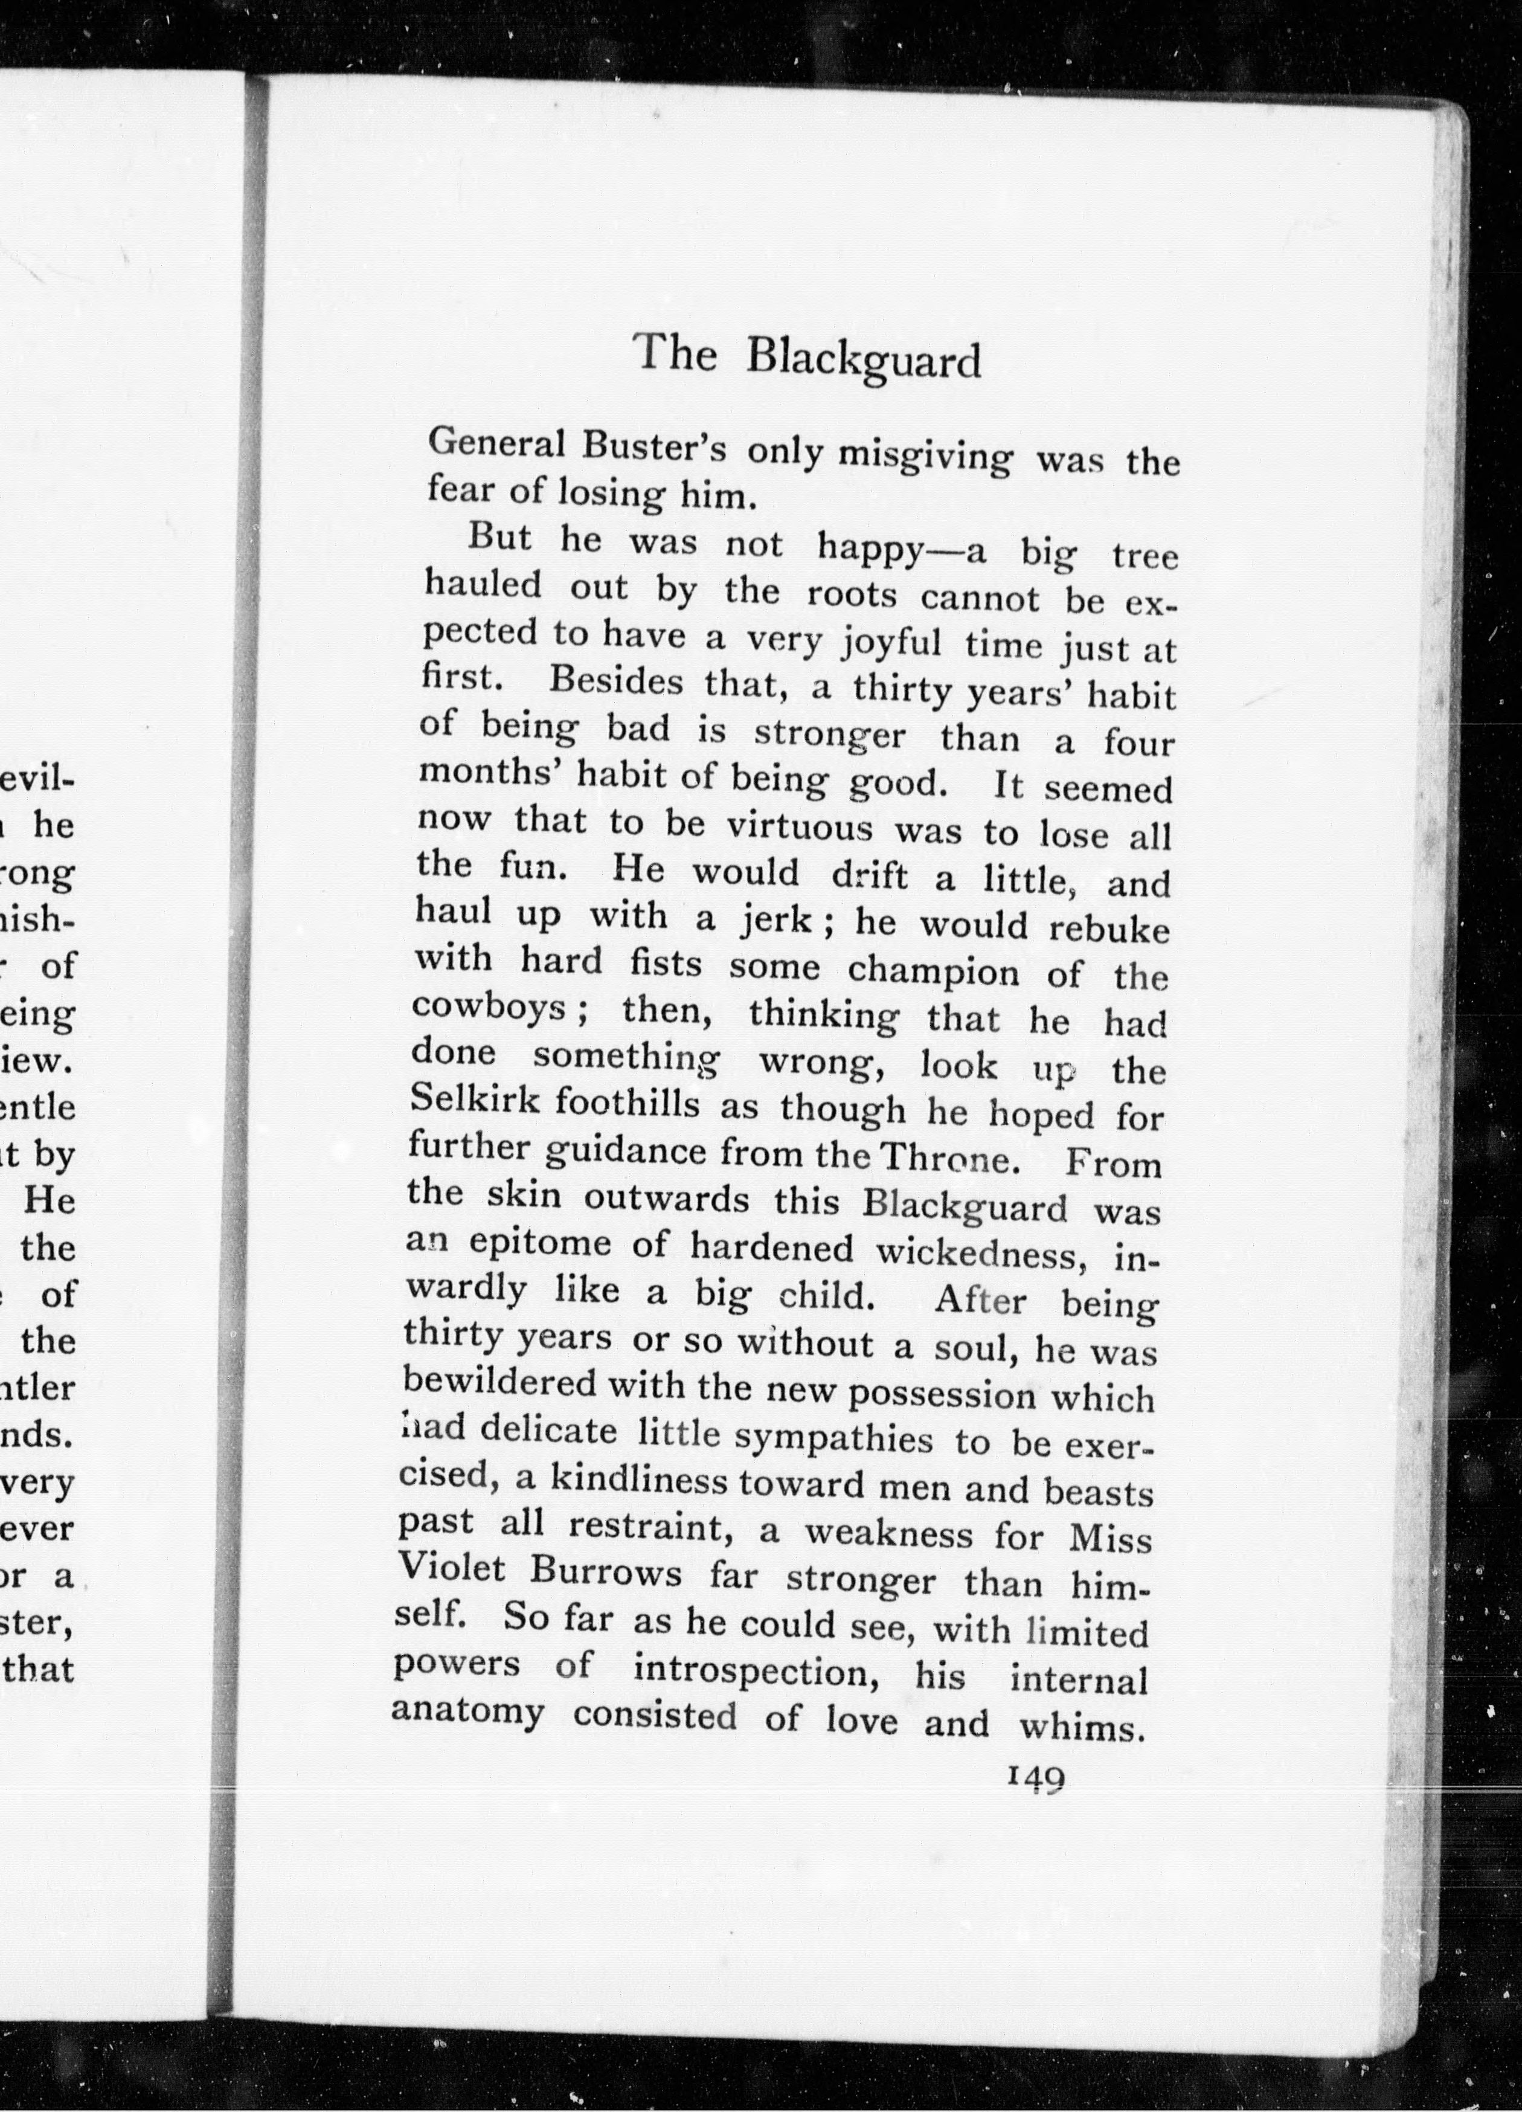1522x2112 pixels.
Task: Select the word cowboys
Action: [489, 1008]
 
